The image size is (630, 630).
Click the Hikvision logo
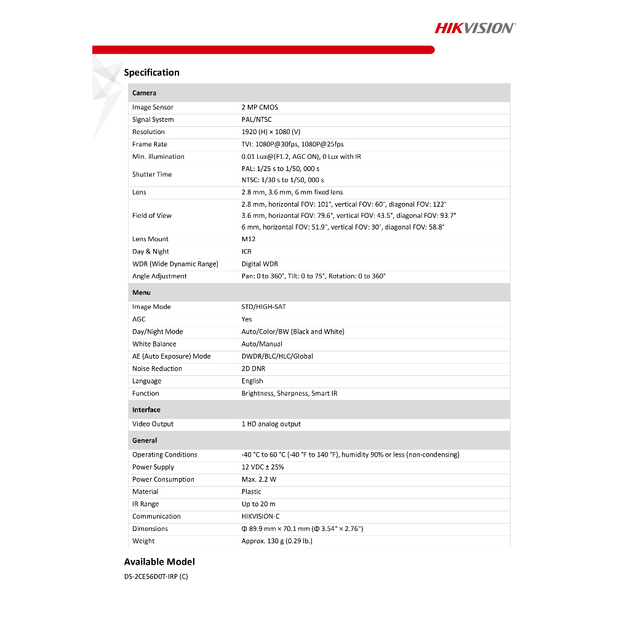click(x=475, y=28)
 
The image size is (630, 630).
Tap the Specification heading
click(x=151, y=73)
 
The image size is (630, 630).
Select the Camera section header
click(x=145, y=93)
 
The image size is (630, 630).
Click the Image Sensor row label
click(x=153, y=107)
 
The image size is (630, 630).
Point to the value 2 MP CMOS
click(x=260, y=107)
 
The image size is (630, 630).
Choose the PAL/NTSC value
click(x=257, y=119)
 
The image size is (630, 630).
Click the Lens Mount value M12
click(x=248, y=239)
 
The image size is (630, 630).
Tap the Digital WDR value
click(x=260, y=264)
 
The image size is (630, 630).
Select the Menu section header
click(x=142, y=292)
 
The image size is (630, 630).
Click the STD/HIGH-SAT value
click(x=263, y=307)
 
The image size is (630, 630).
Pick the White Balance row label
click(x=154, y=344)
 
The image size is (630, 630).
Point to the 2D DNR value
click(x=253, y=369)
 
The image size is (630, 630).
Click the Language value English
click(x=252, y=381)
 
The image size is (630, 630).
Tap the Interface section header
click(x=146, y=410)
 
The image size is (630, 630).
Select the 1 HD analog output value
click(x=271, y=424)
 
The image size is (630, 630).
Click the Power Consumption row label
click(x=163, y=479)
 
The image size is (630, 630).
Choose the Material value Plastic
click(x=251, y=492)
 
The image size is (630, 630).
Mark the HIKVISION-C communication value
click(x=260, y=516)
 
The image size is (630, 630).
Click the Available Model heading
click(x=159, y=562)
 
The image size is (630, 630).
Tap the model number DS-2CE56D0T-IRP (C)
click(x=156, y=576)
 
